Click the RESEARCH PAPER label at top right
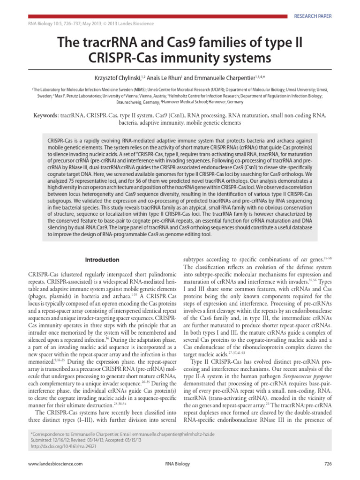313,16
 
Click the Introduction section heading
102,260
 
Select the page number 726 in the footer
328,464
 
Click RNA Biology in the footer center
178,464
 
